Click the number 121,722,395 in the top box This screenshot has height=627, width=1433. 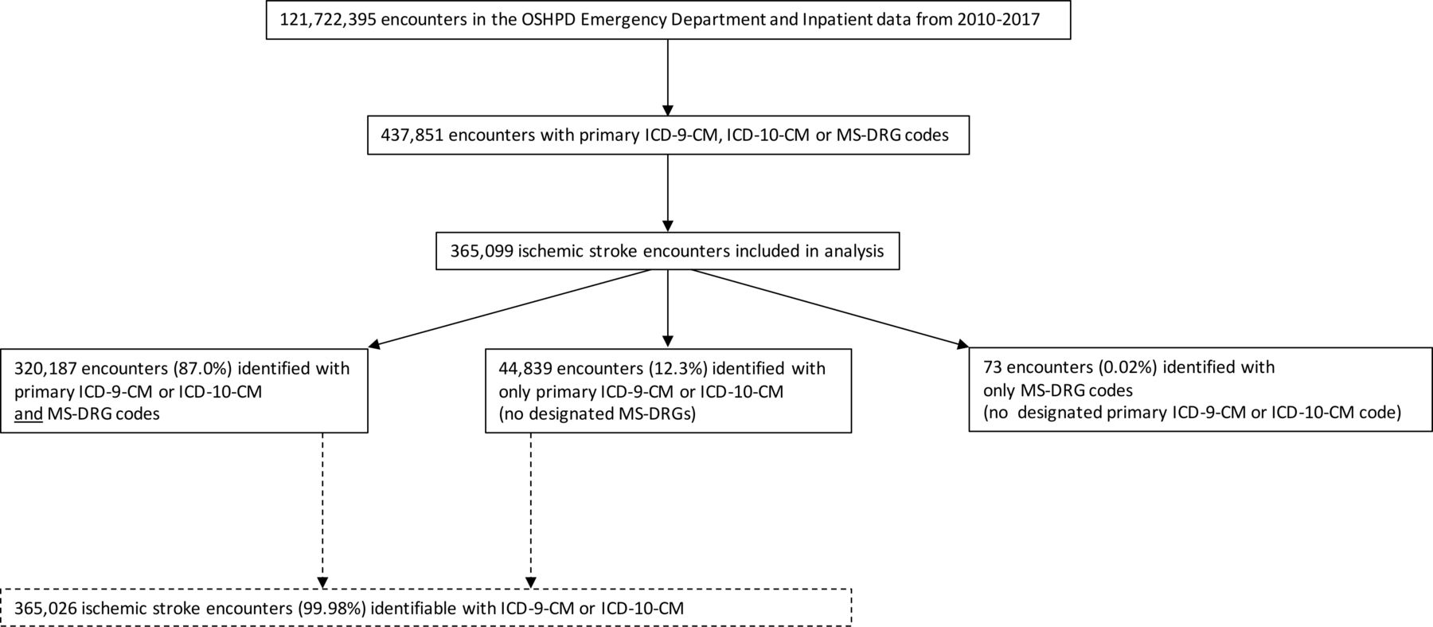tap(327, 19)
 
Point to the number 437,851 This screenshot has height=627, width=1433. tap(412, 135)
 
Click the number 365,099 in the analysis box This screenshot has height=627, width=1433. tap(481, 251)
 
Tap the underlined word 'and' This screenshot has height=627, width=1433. tap(29, 413)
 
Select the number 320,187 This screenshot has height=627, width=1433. tap(45, 368)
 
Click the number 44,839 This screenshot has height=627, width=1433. tap(525, 368)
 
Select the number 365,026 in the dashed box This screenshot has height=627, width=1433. tap(45, 609)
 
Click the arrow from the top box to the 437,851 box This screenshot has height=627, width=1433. tap(668, 77)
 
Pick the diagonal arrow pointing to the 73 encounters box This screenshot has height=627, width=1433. tap(828, 308)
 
